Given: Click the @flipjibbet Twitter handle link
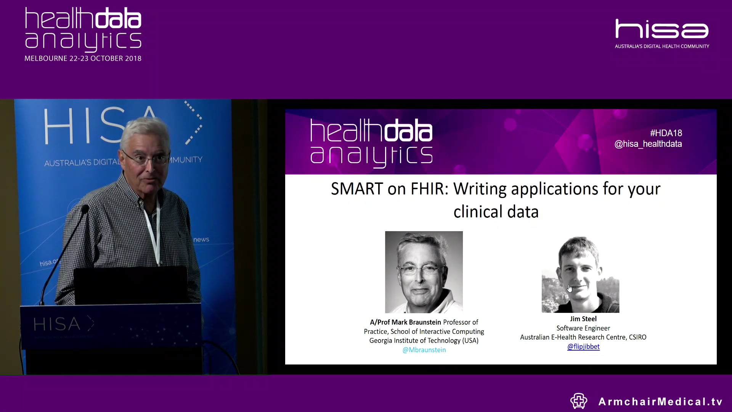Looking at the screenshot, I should coord(583,346).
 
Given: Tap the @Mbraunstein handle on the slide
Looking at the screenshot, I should coord(424,350).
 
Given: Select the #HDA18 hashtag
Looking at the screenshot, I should coord(666,133).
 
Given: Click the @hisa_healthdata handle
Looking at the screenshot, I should coord(648,144).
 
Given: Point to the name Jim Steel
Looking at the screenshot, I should coord(583,319).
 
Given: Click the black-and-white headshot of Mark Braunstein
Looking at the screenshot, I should coord(424,272).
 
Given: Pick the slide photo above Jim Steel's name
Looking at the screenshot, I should coord(580,275).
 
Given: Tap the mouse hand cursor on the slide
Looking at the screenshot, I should coord(570,288).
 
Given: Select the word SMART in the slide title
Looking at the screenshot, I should coord(356,189).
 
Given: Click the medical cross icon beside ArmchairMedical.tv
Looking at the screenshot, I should coord(579,401).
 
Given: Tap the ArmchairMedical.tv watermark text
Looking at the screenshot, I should coord(660,402).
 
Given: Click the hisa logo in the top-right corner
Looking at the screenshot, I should coord(662,30).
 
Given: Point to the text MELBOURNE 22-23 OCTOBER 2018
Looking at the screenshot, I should coord(83,58).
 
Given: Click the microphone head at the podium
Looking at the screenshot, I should coord(85,209).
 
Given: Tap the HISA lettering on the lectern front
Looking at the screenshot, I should coord(57,324).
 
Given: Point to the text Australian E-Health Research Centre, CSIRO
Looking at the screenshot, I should coord(583,337).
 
